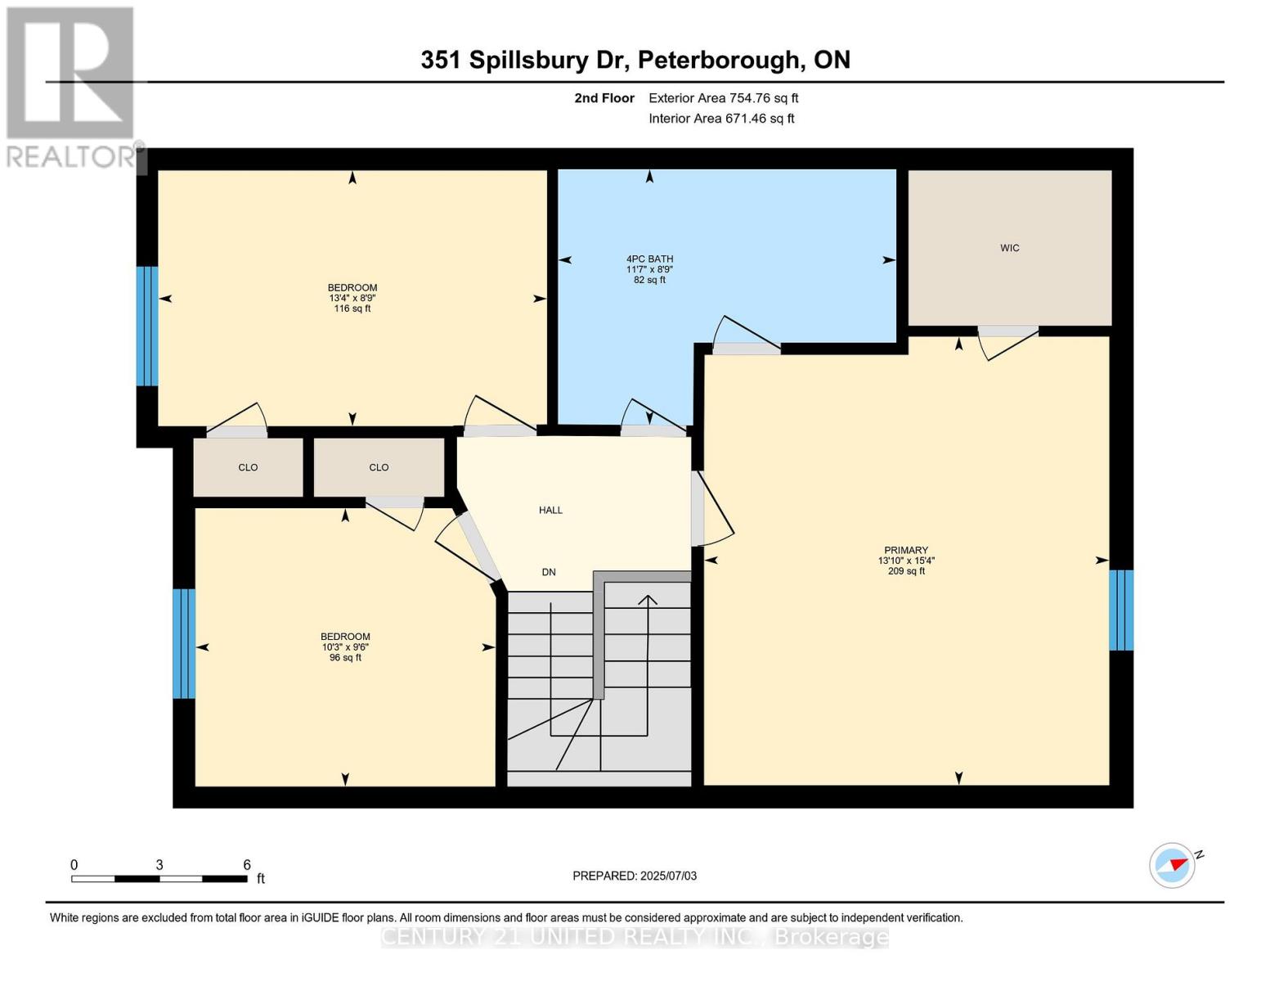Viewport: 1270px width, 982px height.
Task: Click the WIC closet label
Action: click(x=1009, y=248)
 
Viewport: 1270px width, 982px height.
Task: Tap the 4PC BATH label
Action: click(x=649, y=259)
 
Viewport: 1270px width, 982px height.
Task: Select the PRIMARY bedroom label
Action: click(x=906, y=550)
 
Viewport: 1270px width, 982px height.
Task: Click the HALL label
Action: click(x=550, y=510)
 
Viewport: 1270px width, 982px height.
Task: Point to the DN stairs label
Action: click(x=548, y=572)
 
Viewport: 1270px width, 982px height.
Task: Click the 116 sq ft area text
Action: click(x=352, y=309)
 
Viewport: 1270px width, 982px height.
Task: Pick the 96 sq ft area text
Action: click(x=345, y=657)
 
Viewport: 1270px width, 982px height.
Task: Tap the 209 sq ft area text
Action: click(x=906, y=571)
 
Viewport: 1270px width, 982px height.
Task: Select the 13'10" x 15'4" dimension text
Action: click(x=906, y=561)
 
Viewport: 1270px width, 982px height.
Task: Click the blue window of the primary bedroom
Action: click(x=1121, y=610)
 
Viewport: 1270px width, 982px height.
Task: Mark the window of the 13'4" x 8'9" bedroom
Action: click(x=146, y=327)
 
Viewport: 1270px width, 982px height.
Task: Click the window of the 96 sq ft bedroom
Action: click(x=183, y=643)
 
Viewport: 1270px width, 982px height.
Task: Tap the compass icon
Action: click(x=1171, y=866)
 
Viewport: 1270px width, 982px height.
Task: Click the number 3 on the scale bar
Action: click(x=159, y=864)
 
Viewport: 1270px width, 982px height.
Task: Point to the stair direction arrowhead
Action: click(x=647, y=600)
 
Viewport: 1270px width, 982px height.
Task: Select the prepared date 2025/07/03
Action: click(x=668, y=876)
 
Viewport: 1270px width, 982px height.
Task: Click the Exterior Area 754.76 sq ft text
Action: click(x=723, y=98)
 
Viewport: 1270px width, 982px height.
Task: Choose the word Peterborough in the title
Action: click(x=719, y=61)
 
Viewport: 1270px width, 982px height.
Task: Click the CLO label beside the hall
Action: click(x=379, y=467)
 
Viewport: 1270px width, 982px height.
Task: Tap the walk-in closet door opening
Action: click(x=1008, y=331)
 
